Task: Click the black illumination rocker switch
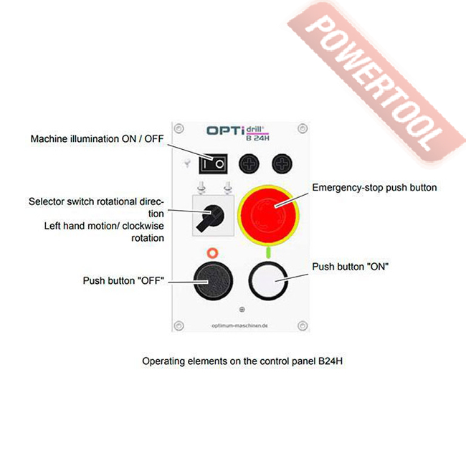212,164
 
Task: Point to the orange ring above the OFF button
211,253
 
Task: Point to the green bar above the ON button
267,253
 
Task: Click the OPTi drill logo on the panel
237,130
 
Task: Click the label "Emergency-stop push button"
374,188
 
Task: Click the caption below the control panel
242,361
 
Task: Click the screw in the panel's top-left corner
179,128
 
